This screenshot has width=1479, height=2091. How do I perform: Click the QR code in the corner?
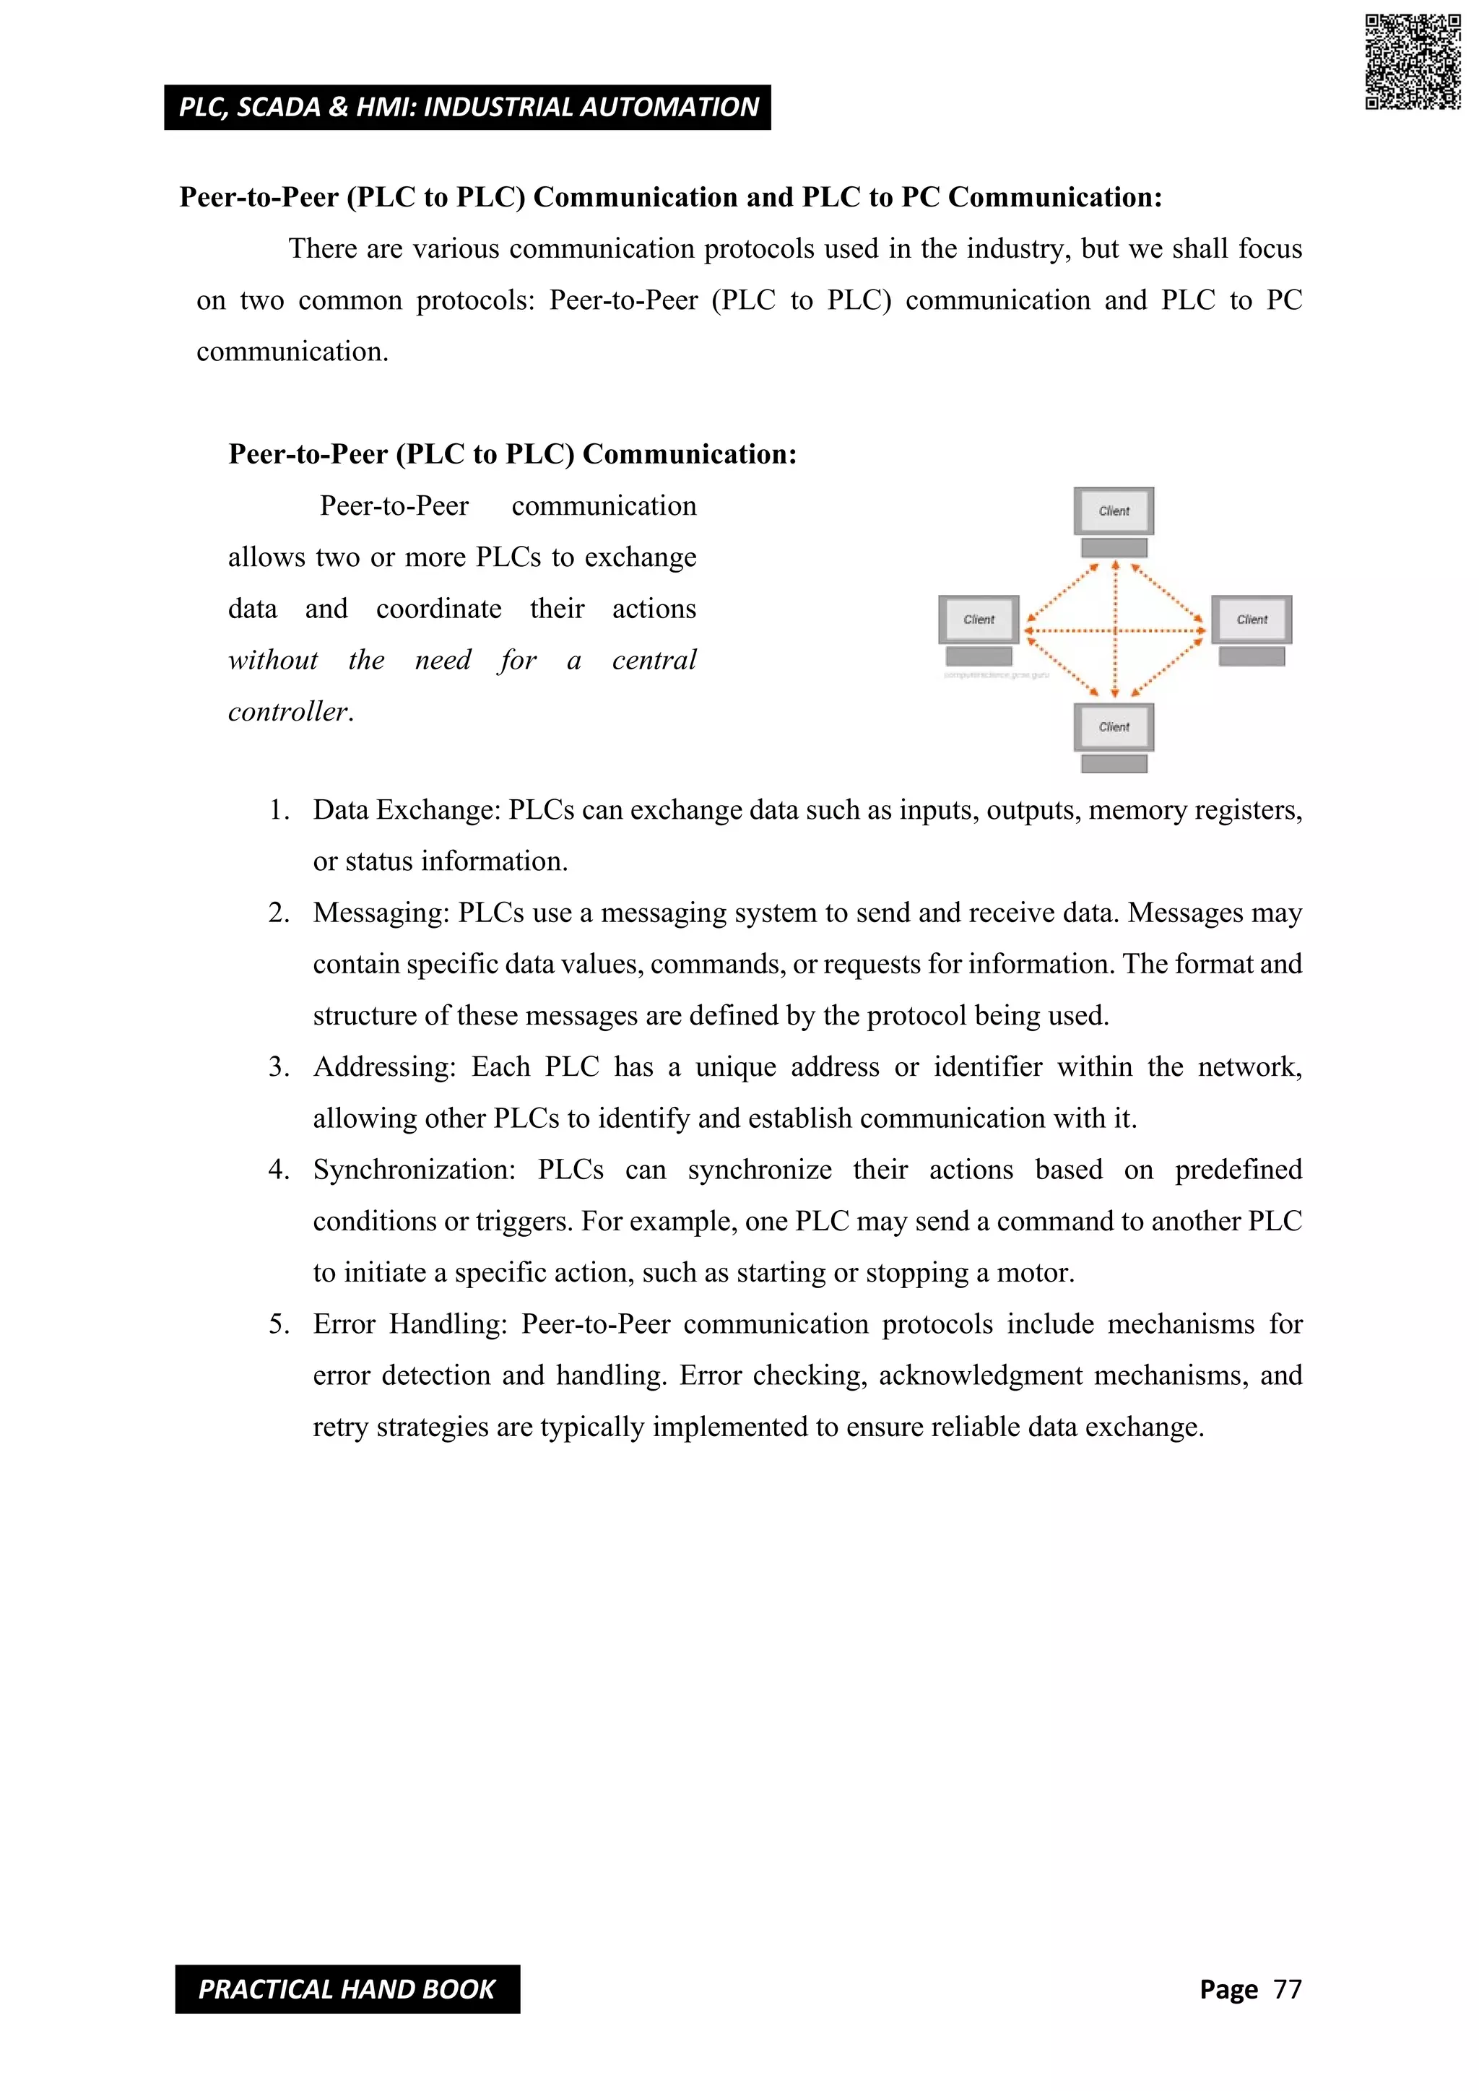pos(1413,62)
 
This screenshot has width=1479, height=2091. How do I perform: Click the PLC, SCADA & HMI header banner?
pos(467,108)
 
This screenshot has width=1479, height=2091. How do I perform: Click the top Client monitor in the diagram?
pos(1114,511)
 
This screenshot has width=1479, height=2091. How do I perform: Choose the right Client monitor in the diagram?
pos(1252,620)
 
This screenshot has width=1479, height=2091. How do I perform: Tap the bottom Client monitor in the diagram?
pos(1114,727)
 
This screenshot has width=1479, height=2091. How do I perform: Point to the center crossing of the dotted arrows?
pos(1115,630)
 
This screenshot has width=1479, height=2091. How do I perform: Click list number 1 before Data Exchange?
pos(279,809)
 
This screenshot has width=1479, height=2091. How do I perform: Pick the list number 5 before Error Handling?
pos(279,1323)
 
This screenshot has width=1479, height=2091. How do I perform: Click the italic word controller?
pos(290,711)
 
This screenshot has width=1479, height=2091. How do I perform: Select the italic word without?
pos(272,659)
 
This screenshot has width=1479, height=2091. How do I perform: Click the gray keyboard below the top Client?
pos(1114,548)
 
